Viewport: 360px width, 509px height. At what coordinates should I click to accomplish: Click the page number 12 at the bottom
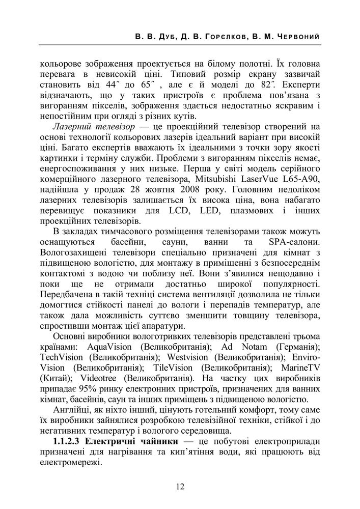point(180,487)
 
